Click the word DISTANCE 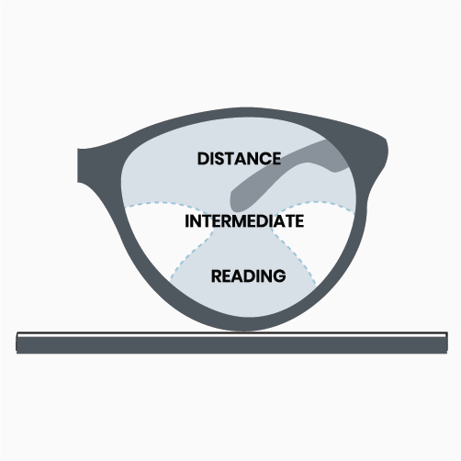point(239,159)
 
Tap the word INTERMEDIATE point(244,221)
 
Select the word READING point(248,275)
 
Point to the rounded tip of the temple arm point(235,200)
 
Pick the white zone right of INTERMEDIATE point(319,236)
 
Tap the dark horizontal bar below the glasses point(231,345)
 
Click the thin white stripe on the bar point(231,335)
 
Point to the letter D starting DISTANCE point(203,159)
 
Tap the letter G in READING point(279,275)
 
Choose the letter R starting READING point(216,275)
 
